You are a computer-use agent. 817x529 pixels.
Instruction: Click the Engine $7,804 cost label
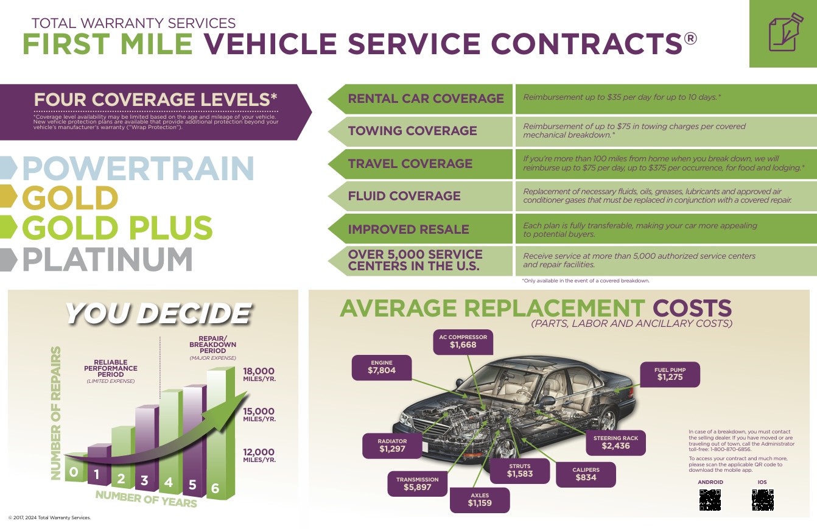pos(381,366)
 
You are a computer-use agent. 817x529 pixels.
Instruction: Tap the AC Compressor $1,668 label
pos(463,342)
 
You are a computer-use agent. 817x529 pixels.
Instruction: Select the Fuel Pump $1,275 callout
pos(670,374)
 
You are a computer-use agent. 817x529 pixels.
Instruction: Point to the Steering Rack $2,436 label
pos(615,443)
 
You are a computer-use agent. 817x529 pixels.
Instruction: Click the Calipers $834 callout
pos(586,474)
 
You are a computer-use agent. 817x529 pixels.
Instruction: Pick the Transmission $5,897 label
pos(417,484)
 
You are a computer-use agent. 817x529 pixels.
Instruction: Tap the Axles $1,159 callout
pos(480,500)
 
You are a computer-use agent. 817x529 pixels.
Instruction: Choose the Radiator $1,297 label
pos(391,446)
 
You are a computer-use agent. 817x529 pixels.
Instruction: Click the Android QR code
pos(710,499)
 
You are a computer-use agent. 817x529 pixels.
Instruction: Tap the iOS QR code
pos(762,499)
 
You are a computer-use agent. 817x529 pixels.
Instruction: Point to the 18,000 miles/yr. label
pos(259,375)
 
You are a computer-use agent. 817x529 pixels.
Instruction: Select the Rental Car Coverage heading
pos(426,99)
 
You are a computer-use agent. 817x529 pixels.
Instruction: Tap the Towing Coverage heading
pos(412,131)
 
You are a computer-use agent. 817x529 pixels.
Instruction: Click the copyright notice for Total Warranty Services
pos(49,517)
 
